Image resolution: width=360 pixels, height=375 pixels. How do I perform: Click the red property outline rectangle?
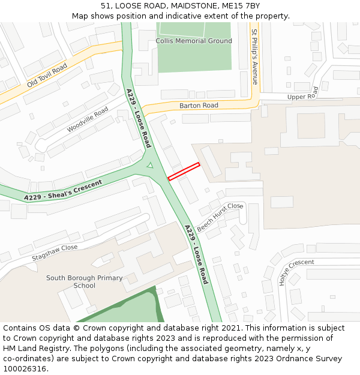(x=184, y=171)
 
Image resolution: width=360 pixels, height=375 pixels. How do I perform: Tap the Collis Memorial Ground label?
(x=194, y=41)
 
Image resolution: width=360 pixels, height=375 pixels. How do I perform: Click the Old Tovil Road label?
(x=47, y=77)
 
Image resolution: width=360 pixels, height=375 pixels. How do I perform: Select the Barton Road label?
(x=199, y=105)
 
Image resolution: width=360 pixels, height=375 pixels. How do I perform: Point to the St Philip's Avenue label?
(x=255, y=56)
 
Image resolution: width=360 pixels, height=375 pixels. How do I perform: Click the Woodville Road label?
(x=88, y=120)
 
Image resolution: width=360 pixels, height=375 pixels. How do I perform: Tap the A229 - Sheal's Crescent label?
(x=63, y=190)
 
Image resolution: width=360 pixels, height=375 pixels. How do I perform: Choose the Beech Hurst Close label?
(x=220, y=217)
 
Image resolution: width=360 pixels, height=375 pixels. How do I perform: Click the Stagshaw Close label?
(x=55, y=252)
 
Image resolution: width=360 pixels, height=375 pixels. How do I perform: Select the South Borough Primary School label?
(x=85, y=281)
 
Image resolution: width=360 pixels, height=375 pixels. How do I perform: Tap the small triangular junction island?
(x=150, y=165)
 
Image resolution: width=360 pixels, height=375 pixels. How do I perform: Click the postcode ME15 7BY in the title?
(x=242, y=5)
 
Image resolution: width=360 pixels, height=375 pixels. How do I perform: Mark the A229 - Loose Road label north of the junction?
(x=139, y=118)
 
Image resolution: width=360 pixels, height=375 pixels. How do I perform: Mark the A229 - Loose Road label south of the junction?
(x=196, y=254)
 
